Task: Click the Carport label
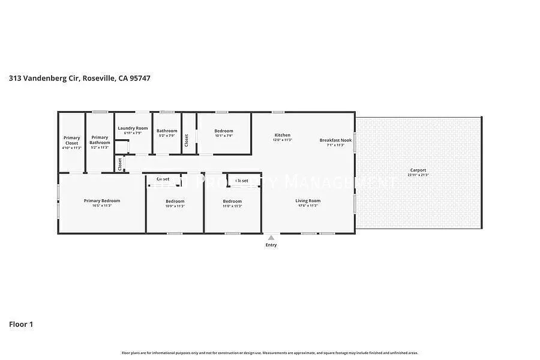(418, 170)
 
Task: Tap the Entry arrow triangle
(271, 237)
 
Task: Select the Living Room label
(308, 201)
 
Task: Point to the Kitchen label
(282, 135)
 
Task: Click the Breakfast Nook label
(335, 140)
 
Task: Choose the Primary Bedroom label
(102, 201)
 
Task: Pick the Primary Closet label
(71, 140)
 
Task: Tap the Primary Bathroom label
(100, 140)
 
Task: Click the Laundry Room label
(133, 128)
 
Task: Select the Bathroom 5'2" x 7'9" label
(167, 131)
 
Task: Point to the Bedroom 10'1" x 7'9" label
(224, 131)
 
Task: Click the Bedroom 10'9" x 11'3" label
(175, 201)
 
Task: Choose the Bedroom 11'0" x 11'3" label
(232, 201)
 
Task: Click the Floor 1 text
(21, 324)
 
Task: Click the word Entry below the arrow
(271, 245)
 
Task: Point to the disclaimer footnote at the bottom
(270, 353)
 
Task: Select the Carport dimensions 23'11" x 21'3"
(418, 175)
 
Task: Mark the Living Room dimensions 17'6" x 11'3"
(308, 206)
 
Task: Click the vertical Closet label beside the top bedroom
(187, 140)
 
